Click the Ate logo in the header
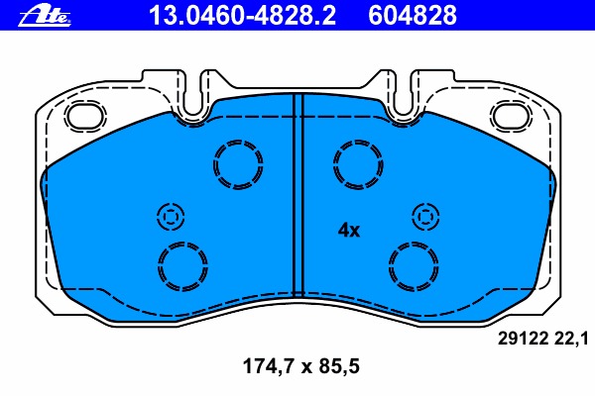pyautogui.click(x=45, y=16)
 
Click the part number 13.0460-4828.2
pyautogui.click(x=242, y=15)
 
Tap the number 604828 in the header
pyautogui.click(x=413, y=15)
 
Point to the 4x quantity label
pyautogui.click(x=349, y=230)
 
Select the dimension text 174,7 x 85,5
pyautogui.click(x=300, y=366)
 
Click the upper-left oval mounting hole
pyautogui.click(x=85, y=115)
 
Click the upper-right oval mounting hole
pyautogui.click(x=511, y=115)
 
